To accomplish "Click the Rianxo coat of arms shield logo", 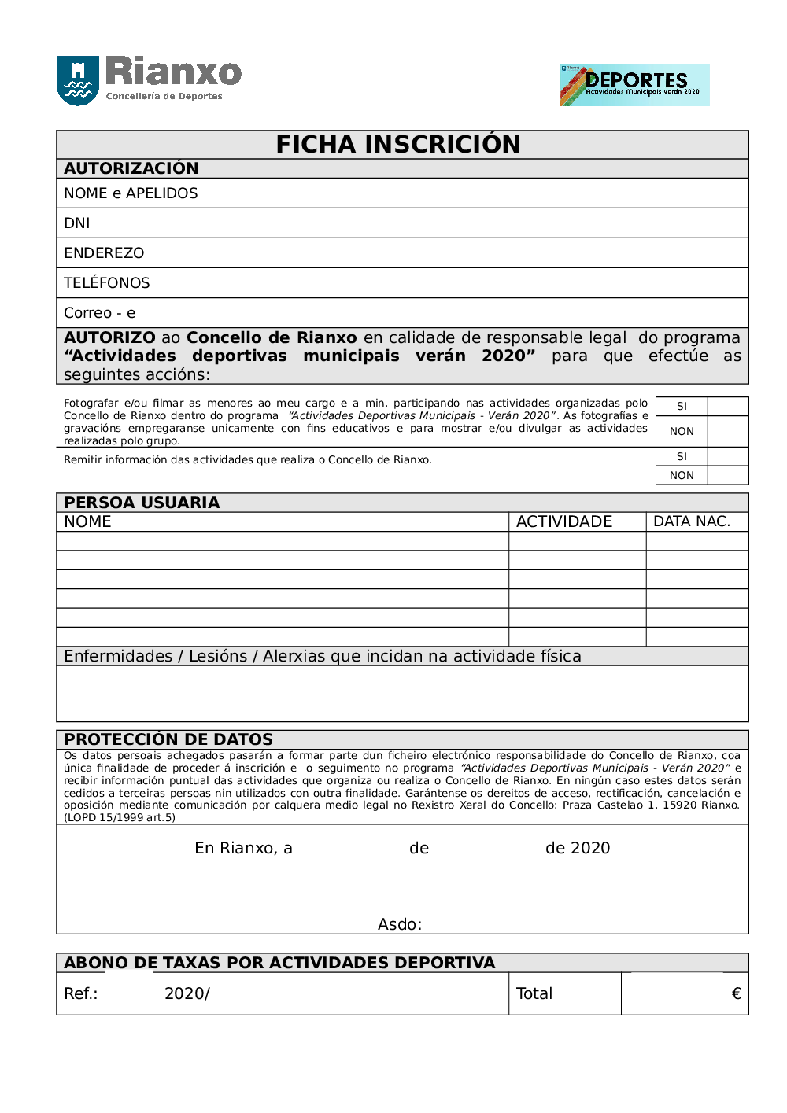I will (x=77, y=79).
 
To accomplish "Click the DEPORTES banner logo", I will (x=634, y=85).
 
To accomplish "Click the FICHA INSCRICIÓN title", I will (x=398, y=145).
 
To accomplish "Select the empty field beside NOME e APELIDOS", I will (x=491, y=193).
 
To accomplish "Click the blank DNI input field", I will (x=491, y=223).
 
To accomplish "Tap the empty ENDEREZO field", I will (x=491, y=253).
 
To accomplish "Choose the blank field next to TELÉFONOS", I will (x=491, y=283).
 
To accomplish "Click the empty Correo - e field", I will (x=491, y=313).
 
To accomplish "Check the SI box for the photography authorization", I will (x=728, y=407).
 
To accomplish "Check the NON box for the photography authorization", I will (x=728, y=432).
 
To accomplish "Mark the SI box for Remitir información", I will (x=728, y=457).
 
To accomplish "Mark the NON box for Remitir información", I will (x=728, y=476).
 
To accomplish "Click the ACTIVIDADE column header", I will (x=564, y=522).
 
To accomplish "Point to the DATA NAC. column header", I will (x=692, y=522).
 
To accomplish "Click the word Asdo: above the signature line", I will (x=400, y=925).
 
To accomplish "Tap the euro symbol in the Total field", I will (x=737, y=994).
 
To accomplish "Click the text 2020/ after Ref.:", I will (x=187, y=994).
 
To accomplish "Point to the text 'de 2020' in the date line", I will (x=578, y=849).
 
